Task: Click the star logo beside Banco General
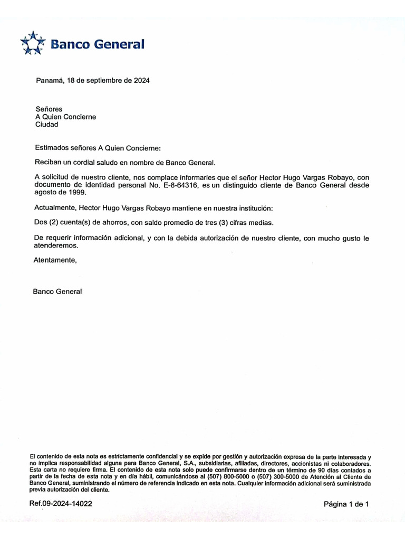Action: (33, 44)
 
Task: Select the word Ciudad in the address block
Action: (46, 125)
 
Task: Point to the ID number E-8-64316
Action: (176, 185)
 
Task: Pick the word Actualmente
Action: (54, 208)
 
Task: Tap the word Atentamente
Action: (55, 260)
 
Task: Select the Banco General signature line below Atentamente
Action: (57, 291)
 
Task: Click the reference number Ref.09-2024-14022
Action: (61, 503)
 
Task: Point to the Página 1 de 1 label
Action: (346, 504)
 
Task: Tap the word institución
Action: (254, 208)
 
